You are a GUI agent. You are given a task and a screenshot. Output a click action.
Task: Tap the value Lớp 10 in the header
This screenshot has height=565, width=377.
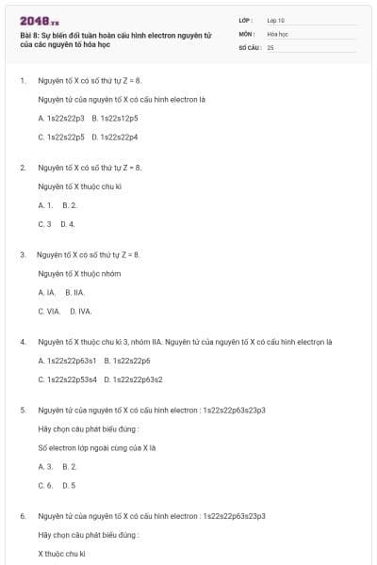(276, 20)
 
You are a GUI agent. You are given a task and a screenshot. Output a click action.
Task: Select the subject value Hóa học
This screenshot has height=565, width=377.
(277, 33)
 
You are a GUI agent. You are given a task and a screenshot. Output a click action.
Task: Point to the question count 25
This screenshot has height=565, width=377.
(270, 46)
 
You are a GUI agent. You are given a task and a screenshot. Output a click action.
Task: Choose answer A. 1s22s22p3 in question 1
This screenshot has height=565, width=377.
(61, 118)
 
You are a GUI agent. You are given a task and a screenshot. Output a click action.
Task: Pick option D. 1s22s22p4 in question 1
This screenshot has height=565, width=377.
(115, 137)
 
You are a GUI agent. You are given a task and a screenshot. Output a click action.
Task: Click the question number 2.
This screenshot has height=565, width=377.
(23, 168)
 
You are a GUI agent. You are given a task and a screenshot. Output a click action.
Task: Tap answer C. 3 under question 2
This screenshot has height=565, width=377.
(44, 223)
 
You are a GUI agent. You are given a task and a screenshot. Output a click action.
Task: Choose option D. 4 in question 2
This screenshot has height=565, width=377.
(67, 223)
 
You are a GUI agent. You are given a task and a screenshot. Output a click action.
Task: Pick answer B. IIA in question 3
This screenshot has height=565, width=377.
(75, 292)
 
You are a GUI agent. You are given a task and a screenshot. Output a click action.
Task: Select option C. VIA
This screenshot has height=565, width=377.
(49, 311)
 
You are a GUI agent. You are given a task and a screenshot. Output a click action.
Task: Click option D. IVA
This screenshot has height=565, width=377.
(79, 311)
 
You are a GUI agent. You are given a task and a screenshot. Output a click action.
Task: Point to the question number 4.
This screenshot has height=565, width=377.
(23, 341)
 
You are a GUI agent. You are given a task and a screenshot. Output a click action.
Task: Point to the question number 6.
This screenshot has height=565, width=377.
(23, 515)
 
